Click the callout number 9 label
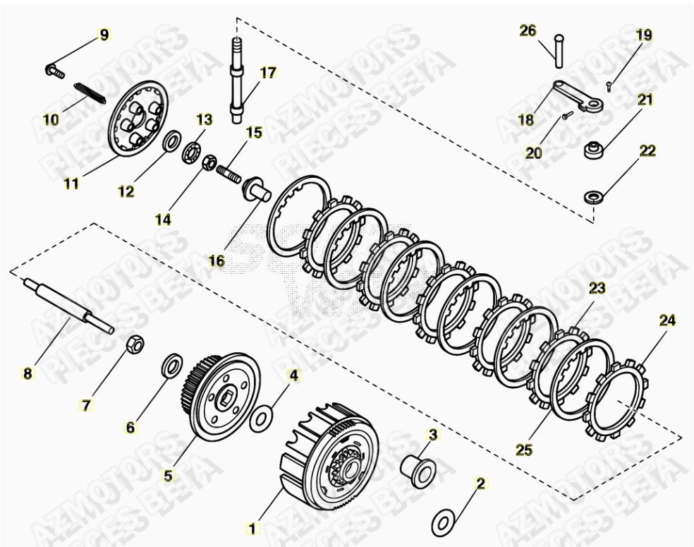coord(104,35)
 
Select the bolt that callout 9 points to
coord(54,70)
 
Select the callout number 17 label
coord(268,72)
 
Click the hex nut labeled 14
coord(209,163)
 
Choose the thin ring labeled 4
coord(260,417)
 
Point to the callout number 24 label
coord(667,320)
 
